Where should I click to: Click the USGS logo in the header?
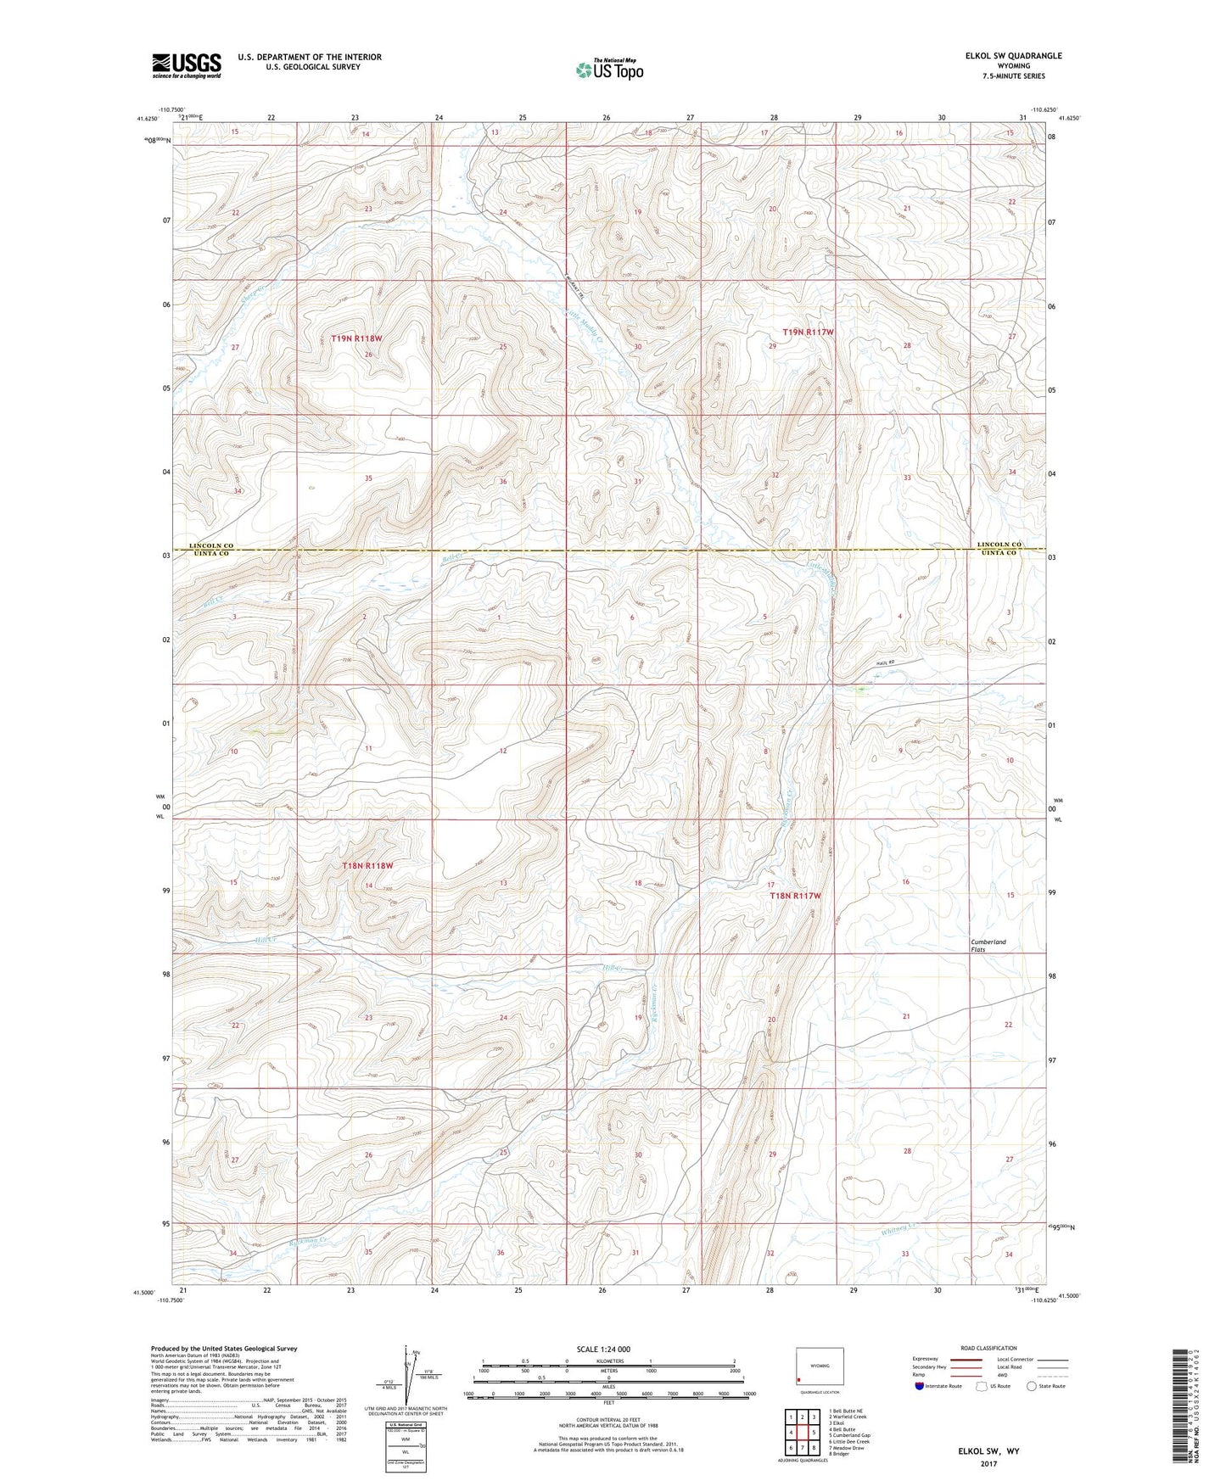coord(187,64)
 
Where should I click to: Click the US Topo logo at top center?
coord(609,70)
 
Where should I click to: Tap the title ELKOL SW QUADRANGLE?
coord(1012,56)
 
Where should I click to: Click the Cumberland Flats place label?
coord(988,946)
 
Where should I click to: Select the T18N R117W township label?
coord(795,896)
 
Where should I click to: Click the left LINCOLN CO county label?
coord(210,545)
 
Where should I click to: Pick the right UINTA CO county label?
coord(999,553)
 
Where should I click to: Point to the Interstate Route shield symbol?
coord(920,1386)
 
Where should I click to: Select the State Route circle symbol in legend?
coord(1031,1386)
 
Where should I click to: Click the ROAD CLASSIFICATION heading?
coord(988,1348)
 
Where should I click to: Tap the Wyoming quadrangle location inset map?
coord(820,1367)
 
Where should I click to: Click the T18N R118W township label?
coord(367,866)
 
